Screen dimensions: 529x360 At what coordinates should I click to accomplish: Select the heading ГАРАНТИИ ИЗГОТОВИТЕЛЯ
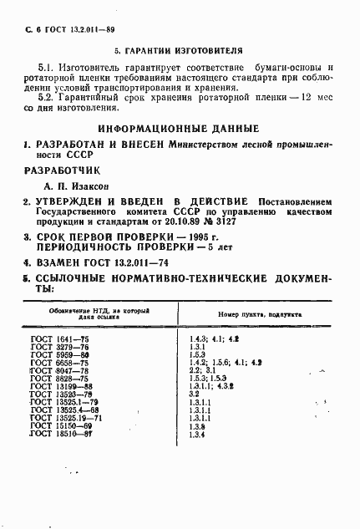tap(179, 51)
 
